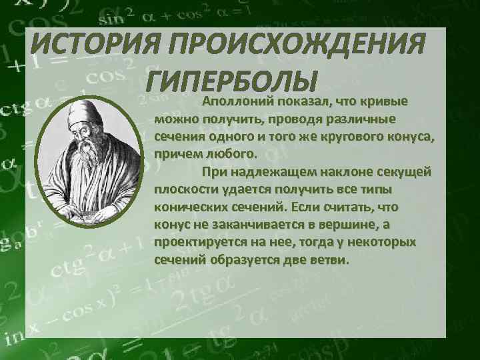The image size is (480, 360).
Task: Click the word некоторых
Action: tap(382, 242)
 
